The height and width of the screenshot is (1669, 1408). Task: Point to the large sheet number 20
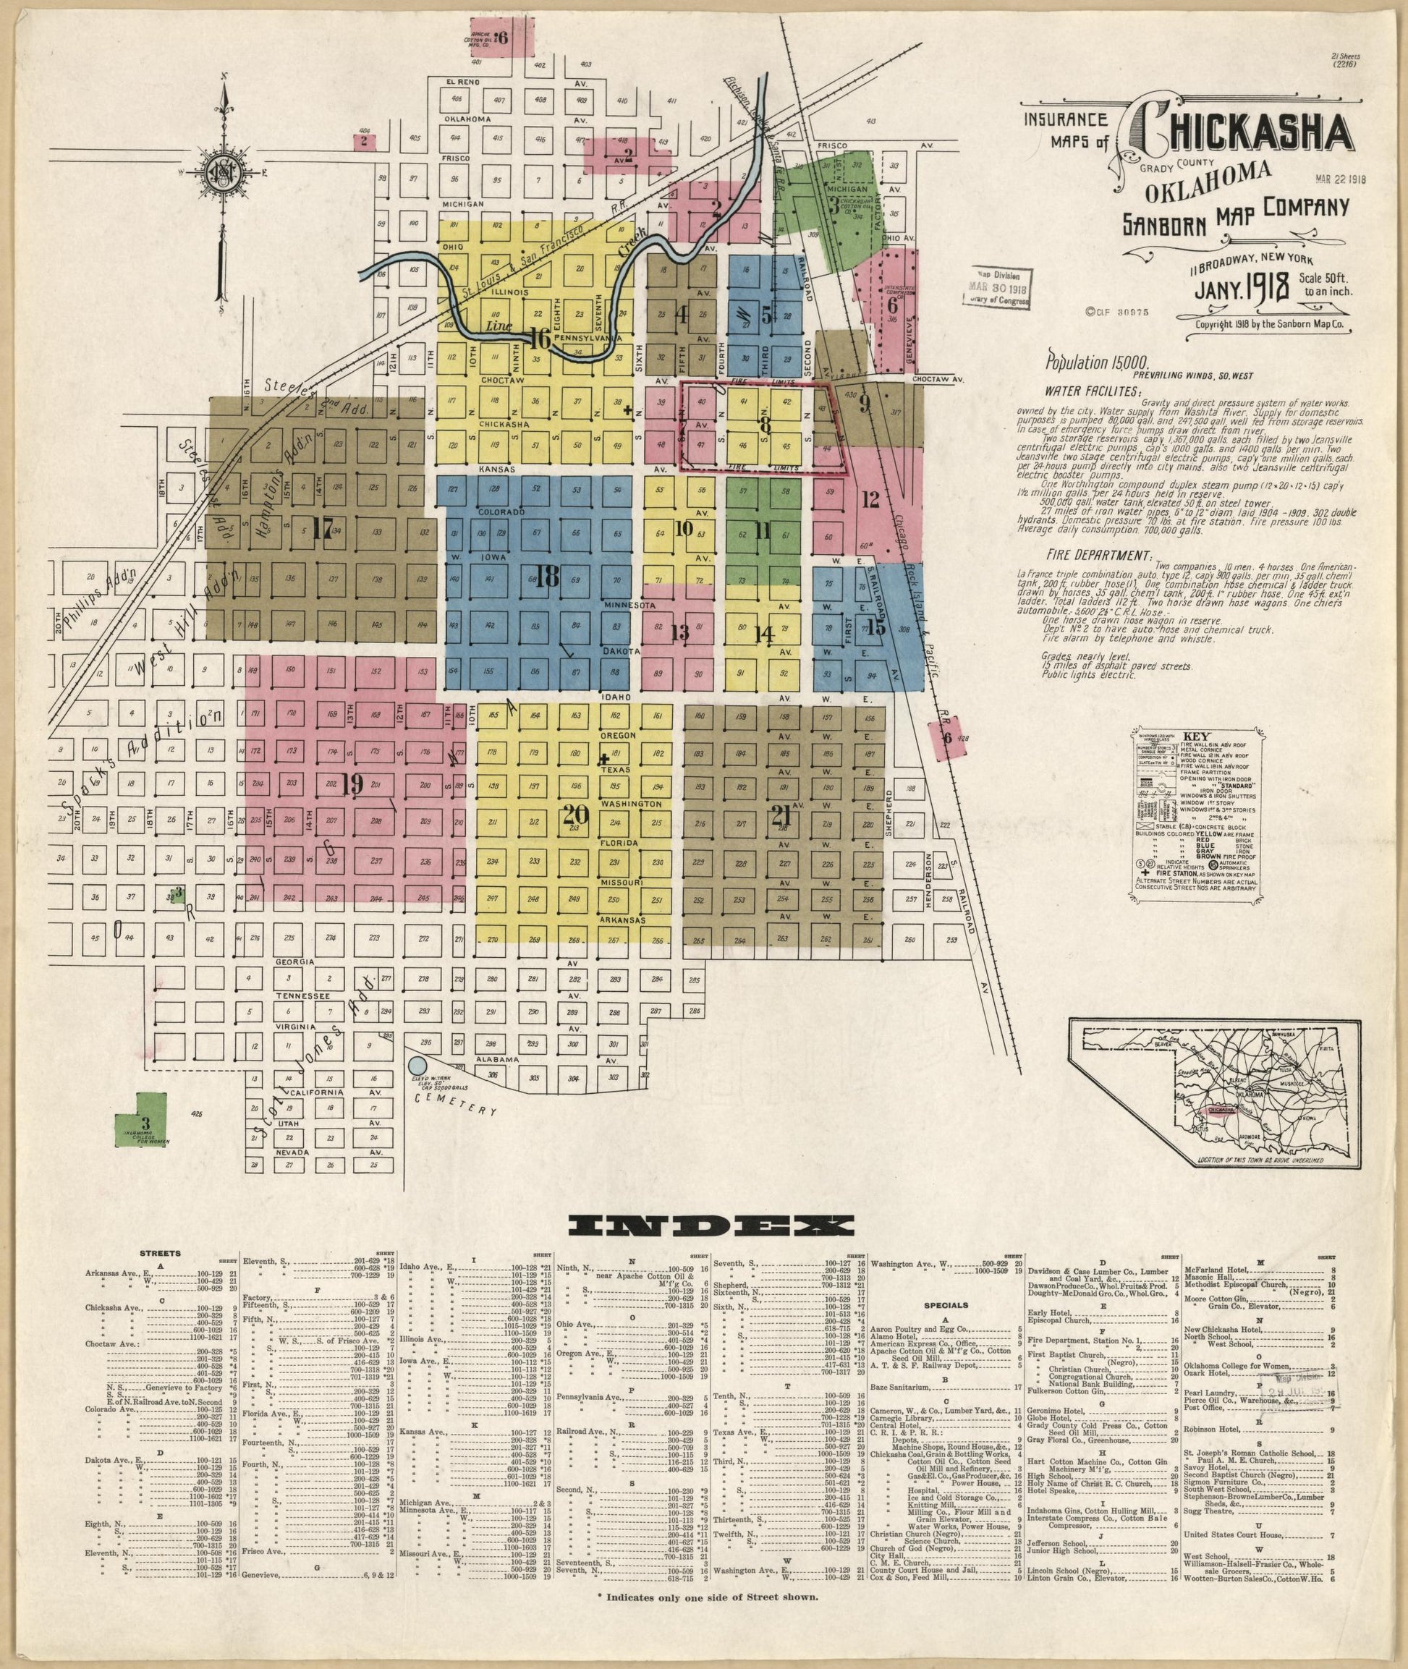(x=574, y=814)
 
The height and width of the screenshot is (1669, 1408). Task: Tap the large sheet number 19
(x=351, y=785)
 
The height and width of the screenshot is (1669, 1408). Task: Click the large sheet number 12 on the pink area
(x=871, y=501)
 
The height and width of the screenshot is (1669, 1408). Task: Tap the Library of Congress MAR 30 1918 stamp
(x=998, y=287)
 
